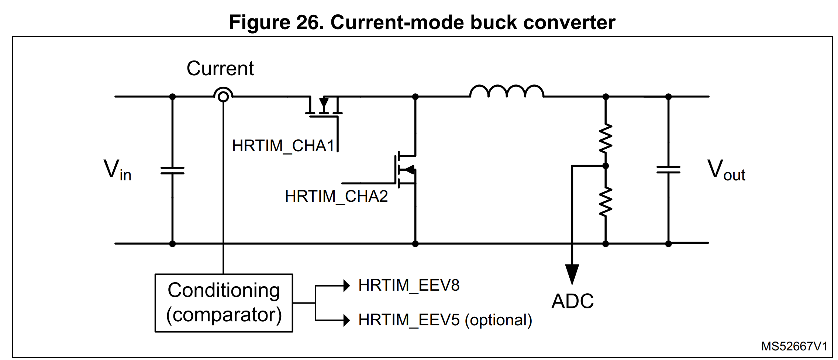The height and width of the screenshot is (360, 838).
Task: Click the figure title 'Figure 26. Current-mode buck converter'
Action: pyautogui.click(x=422, y=22)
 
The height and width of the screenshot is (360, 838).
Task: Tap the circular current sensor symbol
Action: pyautogui.click(x=223, y=96)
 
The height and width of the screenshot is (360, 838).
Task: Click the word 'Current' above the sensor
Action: pyautogui.click(x=220, y=69)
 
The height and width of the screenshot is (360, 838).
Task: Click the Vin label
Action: pyautogui.click(x=117, y=170)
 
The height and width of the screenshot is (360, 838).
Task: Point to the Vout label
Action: pyautogui.click(x=726, y=170)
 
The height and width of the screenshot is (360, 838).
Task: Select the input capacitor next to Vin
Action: pyautogui.click(x=172, y=170)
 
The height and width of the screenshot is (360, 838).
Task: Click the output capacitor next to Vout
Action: pyautogui.click(x=668, y=170)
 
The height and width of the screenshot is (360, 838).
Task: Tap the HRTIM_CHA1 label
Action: pyautogui.click(x=283, y=146)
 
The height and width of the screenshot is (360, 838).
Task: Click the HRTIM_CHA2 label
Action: pyautogui.click(x=336, y=196)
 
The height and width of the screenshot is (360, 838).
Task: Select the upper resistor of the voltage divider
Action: pyautogui.click(x=606, y=138)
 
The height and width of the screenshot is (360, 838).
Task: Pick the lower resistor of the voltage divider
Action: pyautogui.click(x=606, y=201)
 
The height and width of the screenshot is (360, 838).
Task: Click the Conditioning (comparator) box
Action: pyautogui.click(x=224, y=303)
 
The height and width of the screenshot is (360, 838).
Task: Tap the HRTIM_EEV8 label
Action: pyautogui.click(x=409, y=285)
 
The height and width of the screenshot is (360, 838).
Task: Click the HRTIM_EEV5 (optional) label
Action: pyautogui.click(x=445, y=320)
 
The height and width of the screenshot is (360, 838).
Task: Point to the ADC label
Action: pyautogui.click(x=572, y=301)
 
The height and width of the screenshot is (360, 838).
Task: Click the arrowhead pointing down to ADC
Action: pyautogui.click(x=572, y=274)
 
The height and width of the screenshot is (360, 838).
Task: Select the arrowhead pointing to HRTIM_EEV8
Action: pyautogui.click(x=346, y=285)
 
